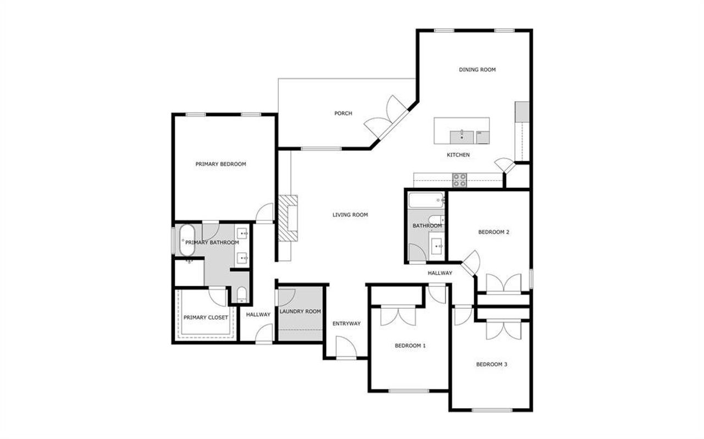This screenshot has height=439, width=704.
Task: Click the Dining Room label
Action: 477,70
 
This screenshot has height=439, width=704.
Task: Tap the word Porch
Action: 343,114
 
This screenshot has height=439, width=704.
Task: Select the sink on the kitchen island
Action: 461,135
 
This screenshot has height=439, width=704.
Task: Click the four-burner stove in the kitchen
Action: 460,179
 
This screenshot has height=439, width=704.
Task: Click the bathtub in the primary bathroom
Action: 186,240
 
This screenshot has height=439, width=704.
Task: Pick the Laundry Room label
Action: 300,312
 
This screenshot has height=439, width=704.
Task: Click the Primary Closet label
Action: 205,318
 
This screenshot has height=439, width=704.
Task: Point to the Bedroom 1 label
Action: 410,346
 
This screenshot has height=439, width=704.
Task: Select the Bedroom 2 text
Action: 493,232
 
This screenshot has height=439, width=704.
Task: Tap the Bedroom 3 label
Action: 491,364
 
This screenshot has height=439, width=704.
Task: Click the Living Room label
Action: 350,215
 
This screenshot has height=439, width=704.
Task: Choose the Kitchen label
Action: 458,155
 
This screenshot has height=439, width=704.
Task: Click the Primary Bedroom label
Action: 221,164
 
